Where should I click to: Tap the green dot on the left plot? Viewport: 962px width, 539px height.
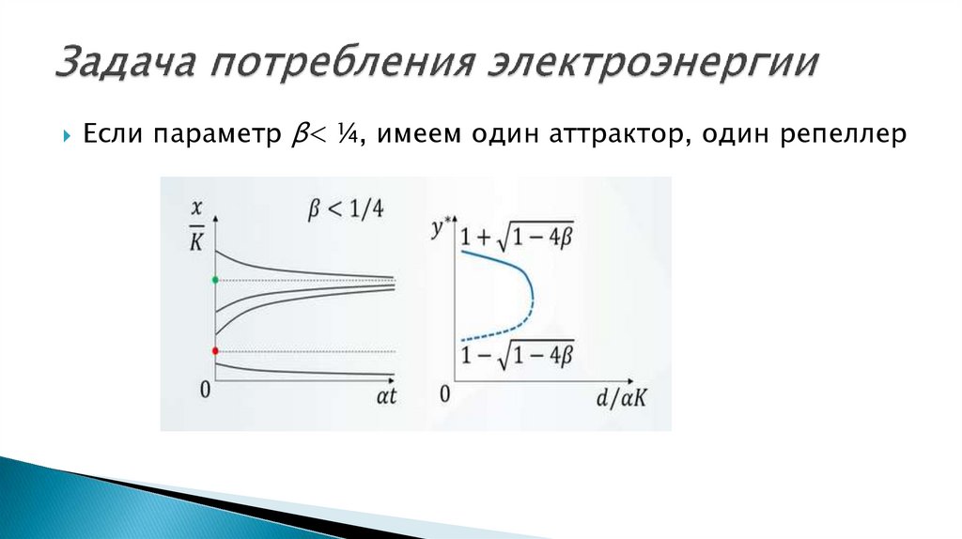click(215, 280)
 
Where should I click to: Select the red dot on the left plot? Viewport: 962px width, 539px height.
click(215, 351)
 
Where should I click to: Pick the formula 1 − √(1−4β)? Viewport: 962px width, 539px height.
click(516, 357)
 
